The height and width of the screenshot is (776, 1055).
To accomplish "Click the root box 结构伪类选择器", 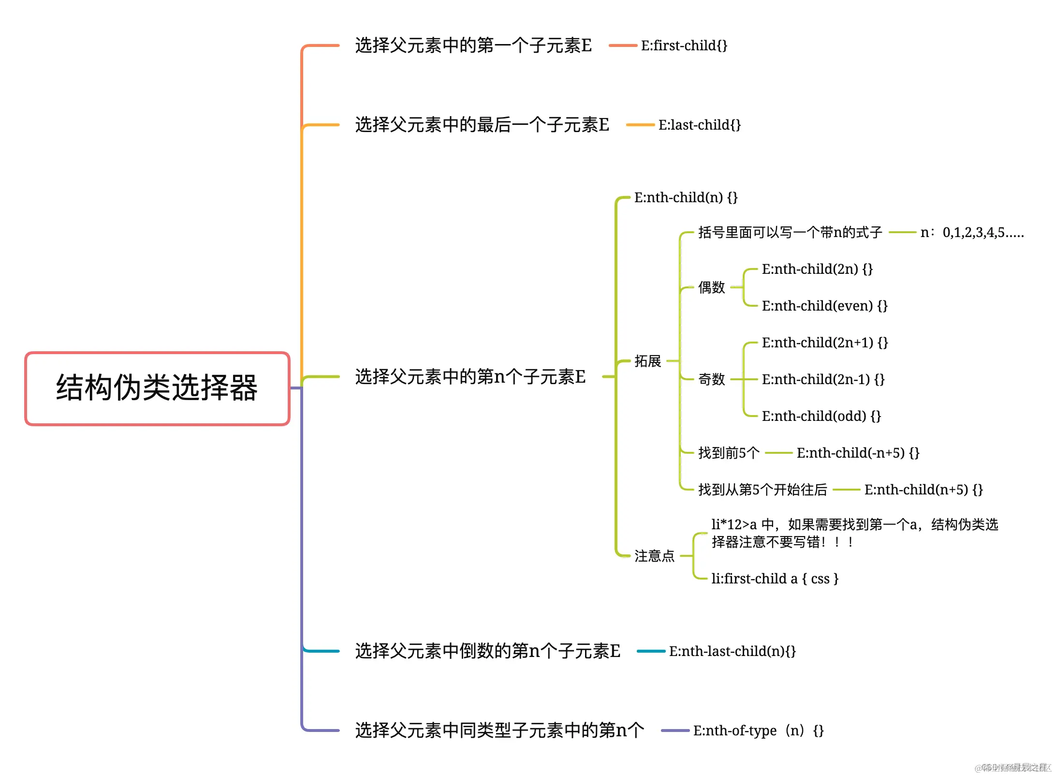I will [157, 388].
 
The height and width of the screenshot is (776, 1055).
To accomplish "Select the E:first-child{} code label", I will [684, 45].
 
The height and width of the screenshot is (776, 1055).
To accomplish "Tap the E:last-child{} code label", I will [699, 125].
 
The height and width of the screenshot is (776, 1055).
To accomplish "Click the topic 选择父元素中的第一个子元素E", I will [473, 45].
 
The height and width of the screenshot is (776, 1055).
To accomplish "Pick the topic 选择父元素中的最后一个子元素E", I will [482, 125].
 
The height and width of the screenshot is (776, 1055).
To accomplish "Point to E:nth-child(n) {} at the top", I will [686, 197].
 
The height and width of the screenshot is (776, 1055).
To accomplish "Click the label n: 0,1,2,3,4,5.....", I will [972, 233].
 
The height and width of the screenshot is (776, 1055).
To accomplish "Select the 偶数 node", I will [711, 287].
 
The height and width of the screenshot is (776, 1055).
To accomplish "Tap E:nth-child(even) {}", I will [824, 306].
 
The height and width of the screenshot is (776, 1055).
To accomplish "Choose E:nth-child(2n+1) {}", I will [824, 343].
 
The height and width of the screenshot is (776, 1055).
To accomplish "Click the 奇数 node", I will [711, 379].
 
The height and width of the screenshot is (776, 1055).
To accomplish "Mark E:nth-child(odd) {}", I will [821, 416].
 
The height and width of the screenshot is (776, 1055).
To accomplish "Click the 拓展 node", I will [647, 361].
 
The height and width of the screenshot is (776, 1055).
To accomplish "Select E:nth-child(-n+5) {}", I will [858, 453].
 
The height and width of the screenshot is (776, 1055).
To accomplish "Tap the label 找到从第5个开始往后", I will [762, 490].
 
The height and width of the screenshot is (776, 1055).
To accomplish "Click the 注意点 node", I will [654, 556].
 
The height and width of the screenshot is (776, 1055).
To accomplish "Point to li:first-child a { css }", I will [775, 579].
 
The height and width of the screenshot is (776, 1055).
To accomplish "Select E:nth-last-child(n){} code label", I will [732, 651].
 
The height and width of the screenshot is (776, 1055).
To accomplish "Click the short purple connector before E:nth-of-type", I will [675, 731].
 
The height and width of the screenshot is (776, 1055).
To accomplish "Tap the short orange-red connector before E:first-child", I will [623, 45].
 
